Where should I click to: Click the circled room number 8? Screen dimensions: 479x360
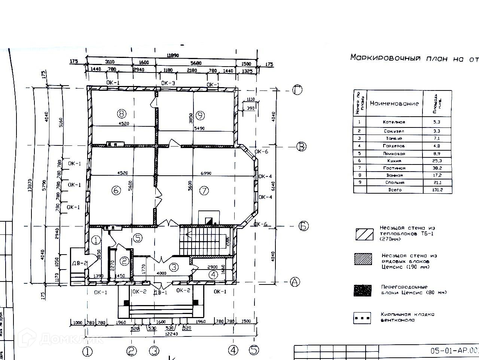pyautogui.click(x=120, y=113)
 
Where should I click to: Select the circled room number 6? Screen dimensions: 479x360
pyautogui.click(x=116, y=190)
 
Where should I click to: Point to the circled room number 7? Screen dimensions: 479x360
pyautogui.click(x=204, y=191)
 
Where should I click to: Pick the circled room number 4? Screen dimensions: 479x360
pyautogui.click(x=213, y=275)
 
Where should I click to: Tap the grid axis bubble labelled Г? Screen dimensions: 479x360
pyautogui.click(x=297, y=90)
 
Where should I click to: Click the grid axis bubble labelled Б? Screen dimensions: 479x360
pyautogui.click(x=303, y=226)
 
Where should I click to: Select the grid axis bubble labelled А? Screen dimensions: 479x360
pyautogui.click(x=295, y=282)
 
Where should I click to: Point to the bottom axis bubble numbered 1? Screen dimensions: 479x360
pyautogui.click(x=87, y=351)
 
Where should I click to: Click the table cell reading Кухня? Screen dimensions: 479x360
pyautogui.click(x=394, y=161)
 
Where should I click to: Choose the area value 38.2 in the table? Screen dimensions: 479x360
pyautogui.click(x=436, y=168)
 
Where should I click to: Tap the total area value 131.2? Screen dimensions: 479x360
pyautogui.click(x=436, y=190)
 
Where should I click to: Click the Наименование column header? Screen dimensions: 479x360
pyautogui.click(x=394, y=103)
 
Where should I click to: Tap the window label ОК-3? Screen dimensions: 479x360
pyautogui.click(x=168, y=83)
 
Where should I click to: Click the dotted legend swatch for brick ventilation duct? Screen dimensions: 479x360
pyautogui.click(x=362, y=318)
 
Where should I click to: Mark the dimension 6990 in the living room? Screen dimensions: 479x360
pyautogui.click(x=206, y=173)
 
